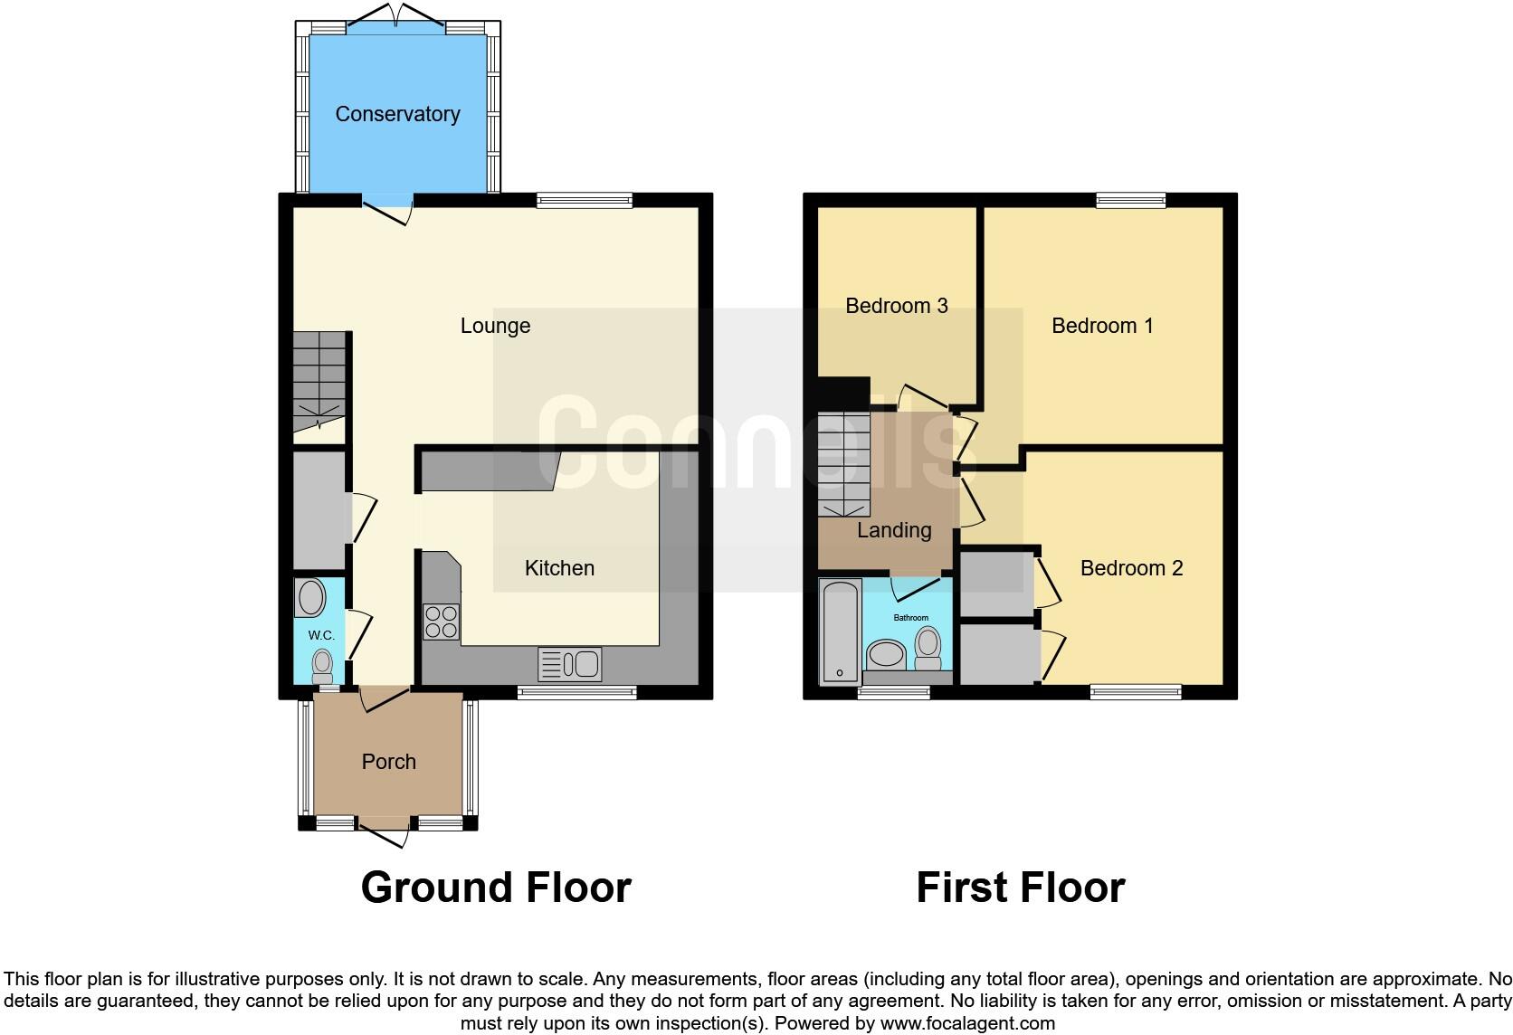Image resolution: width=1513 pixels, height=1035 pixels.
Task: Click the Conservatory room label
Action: pos(397,114)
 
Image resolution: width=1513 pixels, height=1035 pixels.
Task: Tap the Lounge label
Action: pos(495,326)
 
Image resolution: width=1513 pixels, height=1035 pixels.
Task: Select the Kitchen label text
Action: pos(559,568)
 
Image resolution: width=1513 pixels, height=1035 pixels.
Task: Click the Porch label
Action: pos(388,762)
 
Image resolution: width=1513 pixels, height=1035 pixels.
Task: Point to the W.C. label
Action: pos(321,635)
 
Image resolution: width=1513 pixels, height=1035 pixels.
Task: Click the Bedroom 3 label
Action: pos(896,306)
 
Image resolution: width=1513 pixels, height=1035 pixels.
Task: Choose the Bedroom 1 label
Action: pos(1101,326)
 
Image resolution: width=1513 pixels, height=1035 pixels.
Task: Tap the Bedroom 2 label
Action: pos(1131,568)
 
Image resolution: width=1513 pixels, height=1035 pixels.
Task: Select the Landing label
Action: pos(894,530)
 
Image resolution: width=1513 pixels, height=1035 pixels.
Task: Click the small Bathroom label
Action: pos(911,618)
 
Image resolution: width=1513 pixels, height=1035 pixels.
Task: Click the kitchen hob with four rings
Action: pos(441,622)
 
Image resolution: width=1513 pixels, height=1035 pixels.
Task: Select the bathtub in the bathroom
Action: pos(841,631)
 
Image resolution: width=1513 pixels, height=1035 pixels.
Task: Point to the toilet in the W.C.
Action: pos(322,667)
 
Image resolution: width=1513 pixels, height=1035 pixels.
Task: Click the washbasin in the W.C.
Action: pos(311,598)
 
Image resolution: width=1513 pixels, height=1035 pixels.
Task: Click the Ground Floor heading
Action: pos(496,888)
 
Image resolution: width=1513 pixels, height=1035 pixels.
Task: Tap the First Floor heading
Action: pos(1020,888)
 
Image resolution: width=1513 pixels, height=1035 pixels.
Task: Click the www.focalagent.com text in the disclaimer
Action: pos(967,1024)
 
